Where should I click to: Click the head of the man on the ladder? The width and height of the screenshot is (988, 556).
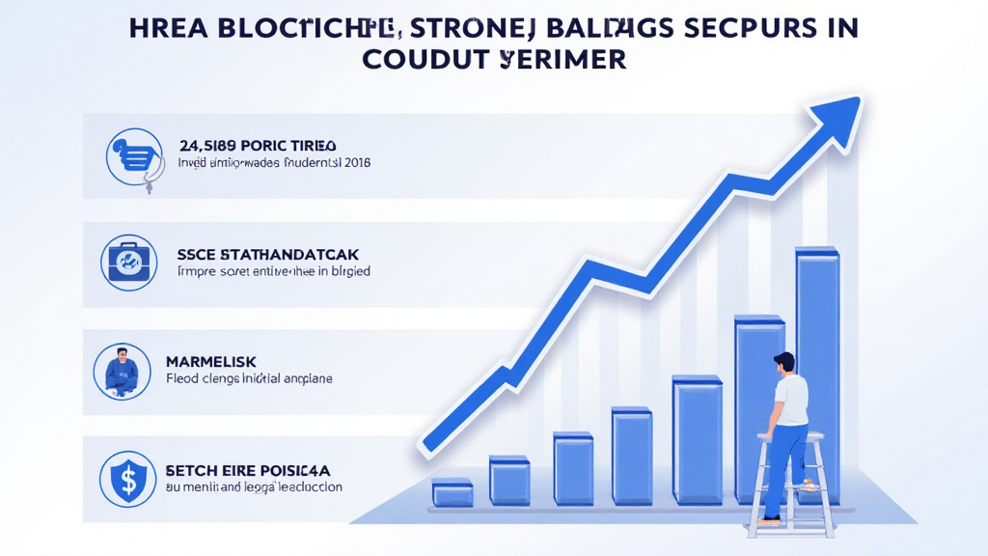click(x=783, y=364)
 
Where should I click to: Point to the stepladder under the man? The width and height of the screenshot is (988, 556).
click(x=791, y=483)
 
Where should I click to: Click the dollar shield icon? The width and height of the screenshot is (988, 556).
click(x=127, y=479)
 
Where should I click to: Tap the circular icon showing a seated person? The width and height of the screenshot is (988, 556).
click(x=122, y=371)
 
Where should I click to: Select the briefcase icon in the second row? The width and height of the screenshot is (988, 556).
click(x=127, y=262)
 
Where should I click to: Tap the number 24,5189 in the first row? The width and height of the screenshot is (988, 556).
click(x=209, y=145)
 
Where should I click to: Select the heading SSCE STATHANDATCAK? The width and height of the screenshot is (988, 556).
click(x=260, y=254)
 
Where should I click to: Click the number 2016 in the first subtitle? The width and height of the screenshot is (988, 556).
click(x=355, y=163)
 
